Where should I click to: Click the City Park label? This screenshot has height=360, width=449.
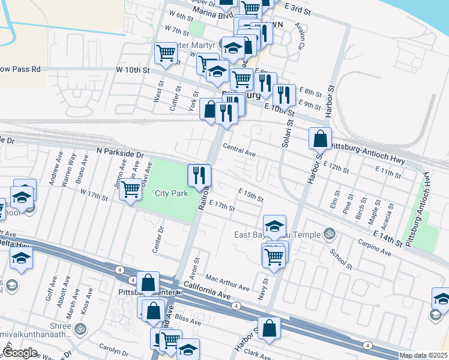[172, 193]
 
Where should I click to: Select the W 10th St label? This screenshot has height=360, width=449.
[132, 70]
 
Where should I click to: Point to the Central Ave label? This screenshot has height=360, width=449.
[240, 150]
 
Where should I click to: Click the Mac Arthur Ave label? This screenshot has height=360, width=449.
[227, 283]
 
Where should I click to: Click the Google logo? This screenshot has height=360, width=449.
[20, 353]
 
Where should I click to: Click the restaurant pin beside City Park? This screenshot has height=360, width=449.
[199, 175]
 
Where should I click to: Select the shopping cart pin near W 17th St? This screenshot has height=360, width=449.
[130, 190]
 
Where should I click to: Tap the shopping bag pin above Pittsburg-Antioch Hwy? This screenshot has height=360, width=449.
[321, 139]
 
